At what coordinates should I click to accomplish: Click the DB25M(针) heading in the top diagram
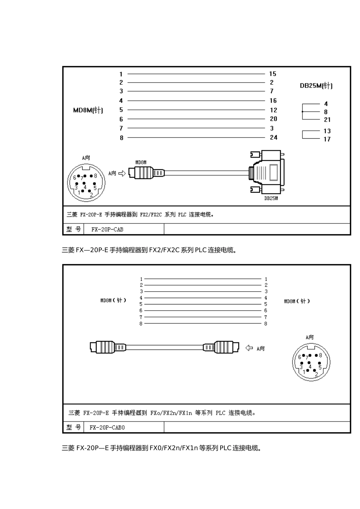click(x=316, y=86)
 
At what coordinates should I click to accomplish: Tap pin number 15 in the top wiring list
click(x=273, y=74)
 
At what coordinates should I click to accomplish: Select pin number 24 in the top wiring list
click(x=274, y=137)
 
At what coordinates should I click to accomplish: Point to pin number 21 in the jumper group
click(x=327, y=120)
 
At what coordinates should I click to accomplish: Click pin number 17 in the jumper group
click(x=327, y=139)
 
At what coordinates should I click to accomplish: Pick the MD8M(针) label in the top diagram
click(x=88, y=110)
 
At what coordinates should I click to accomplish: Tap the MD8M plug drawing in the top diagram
click(x=146, y=173)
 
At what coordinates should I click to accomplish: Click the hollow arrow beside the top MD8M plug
click(x=122, y=173)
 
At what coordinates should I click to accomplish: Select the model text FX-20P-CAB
click(x=107, y=229)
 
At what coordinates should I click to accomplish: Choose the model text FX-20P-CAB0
click(x=107, y=427)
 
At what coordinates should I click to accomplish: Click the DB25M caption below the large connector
click(x=271, y=198)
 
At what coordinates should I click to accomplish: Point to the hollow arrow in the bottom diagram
click(x=249, y=348)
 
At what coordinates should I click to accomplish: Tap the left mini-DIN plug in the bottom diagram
click(x=108, y=347)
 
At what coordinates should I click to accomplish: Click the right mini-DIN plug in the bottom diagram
click(x=221, y=347)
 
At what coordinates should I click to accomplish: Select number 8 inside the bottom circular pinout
click(x=320, y=355)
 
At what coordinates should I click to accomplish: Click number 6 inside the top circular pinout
click(x=75, y=178)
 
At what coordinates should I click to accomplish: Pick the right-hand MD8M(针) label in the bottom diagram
click(x=297, y=301)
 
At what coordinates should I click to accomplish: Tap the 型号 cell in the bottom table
click(x=74, y=427)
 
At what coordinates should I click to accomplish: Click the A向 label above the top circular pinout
click(x=86, y=158)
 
